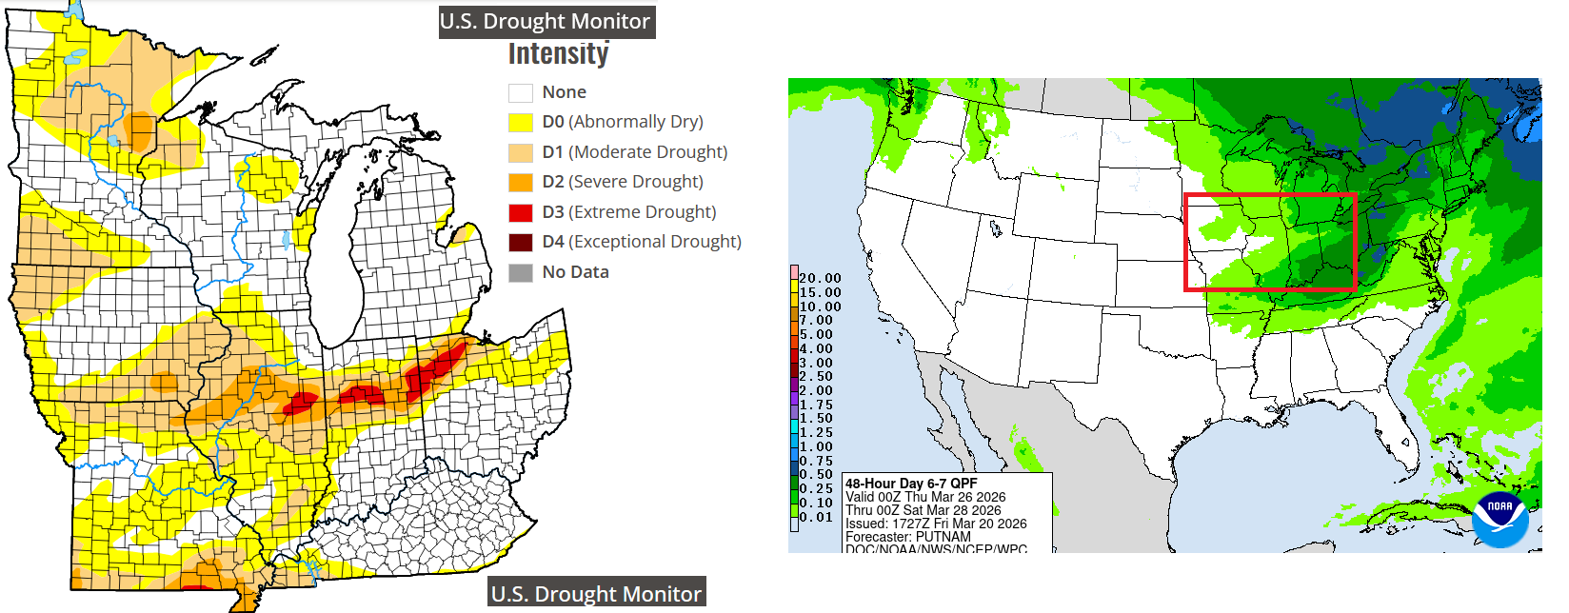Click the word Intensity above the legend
558,54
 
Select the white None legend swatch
520,92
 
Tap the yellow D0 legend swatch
520,122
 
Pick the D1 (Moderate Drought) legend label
634,152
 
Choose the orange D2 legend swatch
520,182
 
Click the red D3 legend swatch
520,212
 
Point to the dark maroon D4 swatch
520,242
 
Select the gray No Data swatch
520,272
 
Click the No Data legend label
575,272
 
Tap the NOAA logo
1499,519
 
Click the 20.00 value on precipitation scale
820,279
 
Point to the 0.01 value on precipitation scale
816,517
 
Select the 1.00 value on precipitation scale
816,446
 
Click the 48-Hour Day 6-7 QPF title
911,484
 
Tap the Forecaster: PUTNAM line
907,537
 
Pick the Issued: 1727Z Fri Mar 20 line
936,524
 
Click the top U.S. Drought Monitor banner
546,21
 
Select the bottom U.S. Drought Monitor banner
596,594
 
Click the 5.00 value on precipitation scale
816,335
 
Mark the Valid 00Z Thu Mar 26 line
925,497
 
